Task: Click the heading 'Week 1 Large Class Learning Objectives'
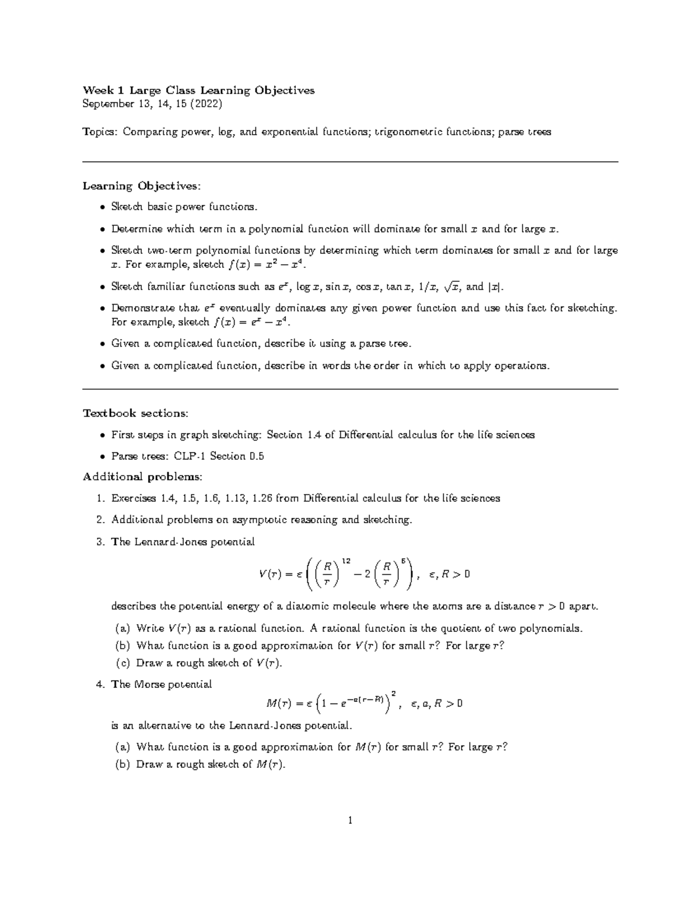coord(198,90)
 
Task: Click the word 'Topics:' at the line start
coord(100,132)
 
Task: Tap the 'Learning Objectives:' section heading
coord(141,186)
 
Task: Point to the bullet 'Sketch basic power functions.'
coord(184,207)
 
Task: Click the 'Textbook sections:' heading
coord(135,413)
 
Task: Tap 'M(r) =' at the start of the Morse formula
coord(283,704)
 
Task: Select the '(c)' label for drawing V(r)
coord(123,663)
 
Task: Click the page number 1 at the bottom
coord(350,821)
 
